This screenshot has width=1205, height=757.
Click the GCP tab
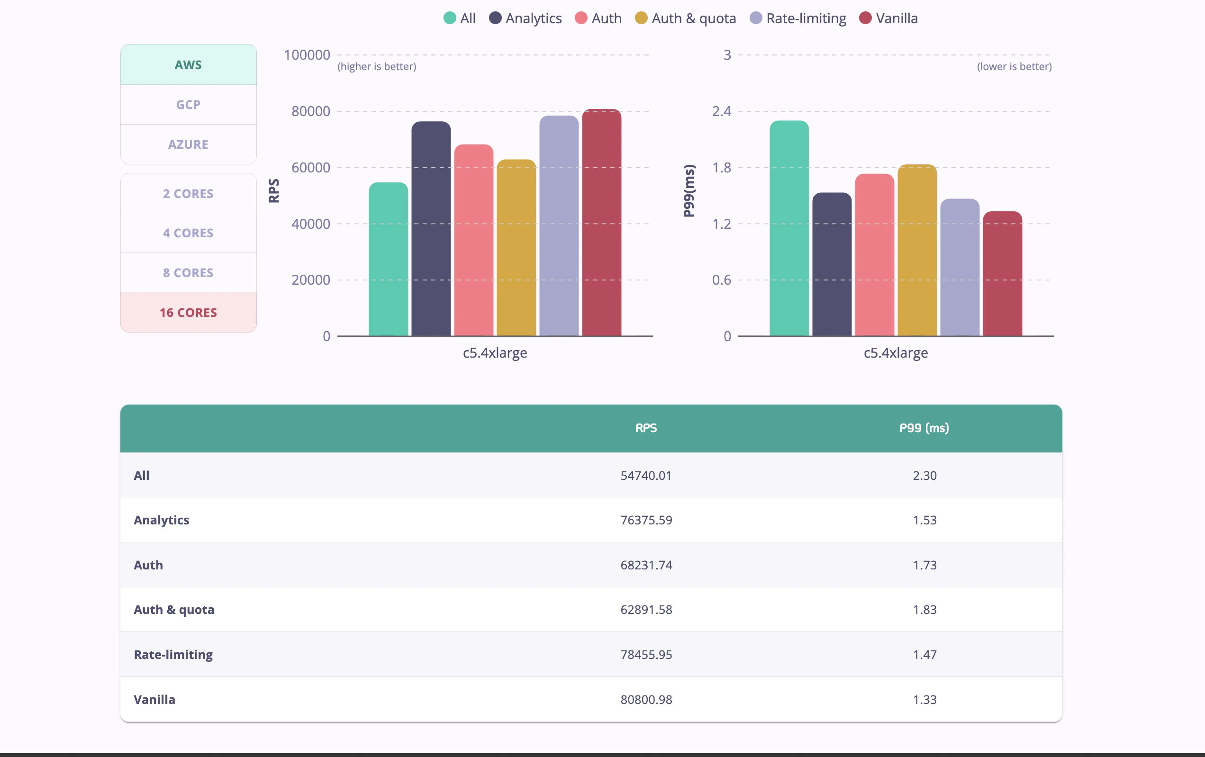(x=188, y=105)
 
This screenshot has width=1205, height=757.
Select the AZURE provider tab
(x=188, y=144)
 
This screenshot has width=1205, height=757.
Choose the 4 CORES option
(x=188, y=233)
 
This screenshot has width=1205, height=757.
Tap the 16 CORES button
(x=188, y=312)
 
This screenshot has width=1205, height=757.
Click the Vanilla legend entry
(x=889, y=18)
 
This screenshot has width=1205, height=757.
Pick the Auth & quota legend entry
(x=686, y=18)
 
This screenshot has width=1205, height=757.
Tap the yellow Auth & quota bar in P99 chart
(x=917, y=250)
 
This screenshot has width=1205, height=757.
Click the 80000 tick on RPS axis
(x=311, y=111)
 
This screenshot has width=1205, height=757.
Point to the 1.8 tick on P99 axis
(x=722, y=168)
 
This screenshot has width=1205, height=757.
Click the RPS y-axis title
(x=274, y=190)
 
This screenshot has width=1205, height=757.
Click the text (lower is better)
(x=1014, y=66)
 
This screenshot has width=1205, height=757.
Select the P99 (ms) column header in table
(x=924, y=428)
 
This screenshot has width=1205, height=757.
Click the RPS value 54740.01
(x=645, y=475)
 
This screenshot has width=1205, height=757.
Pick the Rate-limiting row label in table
(x=173, y=654)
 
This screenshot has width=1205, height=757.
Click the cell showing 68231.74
(x=645, y=565)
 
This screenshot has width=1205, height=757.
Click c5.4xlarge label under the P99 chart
(x=895, y=353)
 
